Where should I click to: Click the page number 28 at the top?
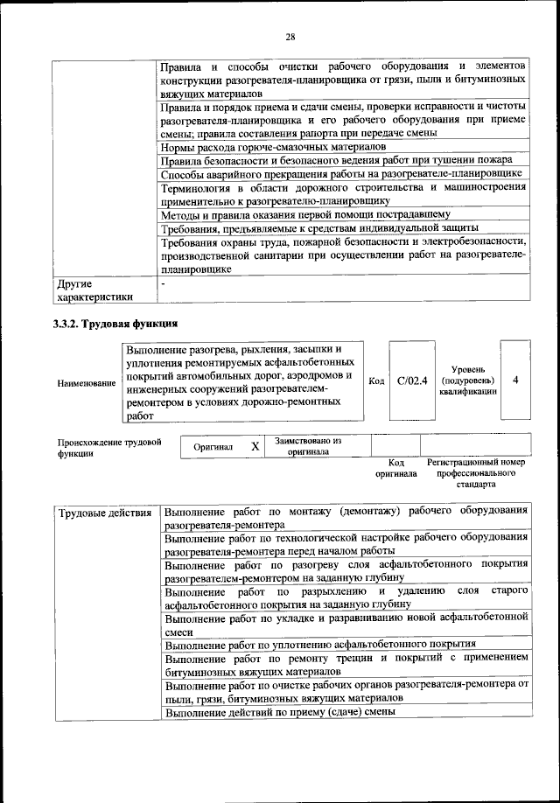point(290,36)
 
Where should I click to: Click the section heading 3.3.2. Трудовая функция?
point(115,323)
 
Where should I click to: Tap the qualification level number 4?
point(515,380)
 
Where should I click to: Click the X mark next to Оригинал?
point(255,446)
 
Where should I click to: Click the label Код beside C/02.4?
point(376,381)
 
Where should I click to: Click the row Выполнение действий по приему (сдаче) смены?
point(280,711)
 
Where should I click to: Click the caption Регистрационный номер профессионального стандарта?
point(475,471)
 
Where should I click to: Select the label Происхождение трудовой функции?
point(109,447)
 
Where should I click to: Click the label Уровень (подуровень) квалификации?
point(468,381)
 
